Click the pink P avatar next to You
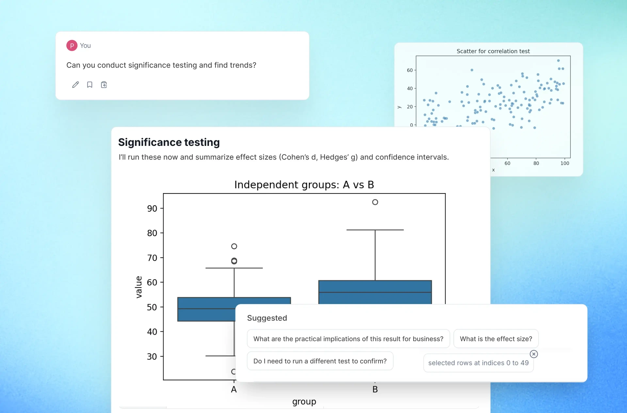tap(72, 46)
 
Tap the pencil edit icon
tap(75, 85)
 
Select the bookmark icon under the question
tap(90, 85)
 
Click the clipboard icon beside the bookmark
tap(104, 85)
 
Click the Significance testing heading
tap(169, 142)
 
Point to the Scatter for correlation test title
tap(493, 51)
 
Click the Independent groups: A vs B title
tap(304, 185)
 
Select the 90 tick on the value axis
tap(152, 208)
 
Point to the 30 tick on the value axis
tap(152, 357)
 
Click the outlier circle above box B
tap(375, 202)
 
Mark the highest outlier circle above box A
tap(234, 246)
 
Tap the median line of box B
tap(375, 292)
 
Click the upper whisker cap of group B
tap(375, 230)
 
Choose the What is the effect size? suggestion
tap(496, 339)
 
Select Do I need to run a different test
tap(320, 361)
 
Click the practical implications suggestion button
tap(348, 339)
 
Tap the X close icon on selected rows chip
tap(534, 354)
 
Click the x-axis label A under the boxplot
tap(234, 390)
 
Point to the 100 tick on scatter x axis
tap(565, 163)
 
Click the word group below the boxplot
tap(304, 402)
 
